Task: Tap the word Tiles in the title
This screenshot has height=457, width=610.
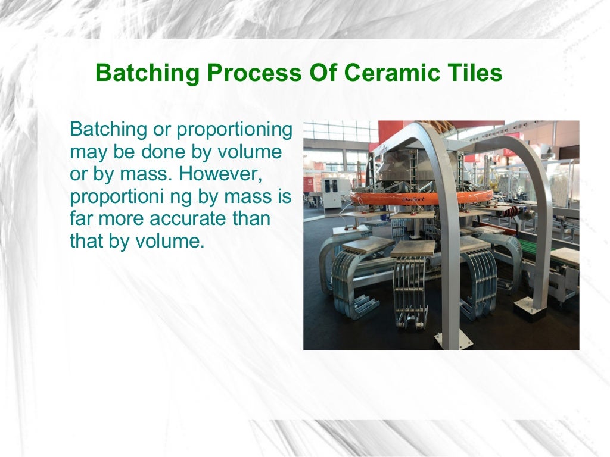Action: (x=474, y=74)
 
